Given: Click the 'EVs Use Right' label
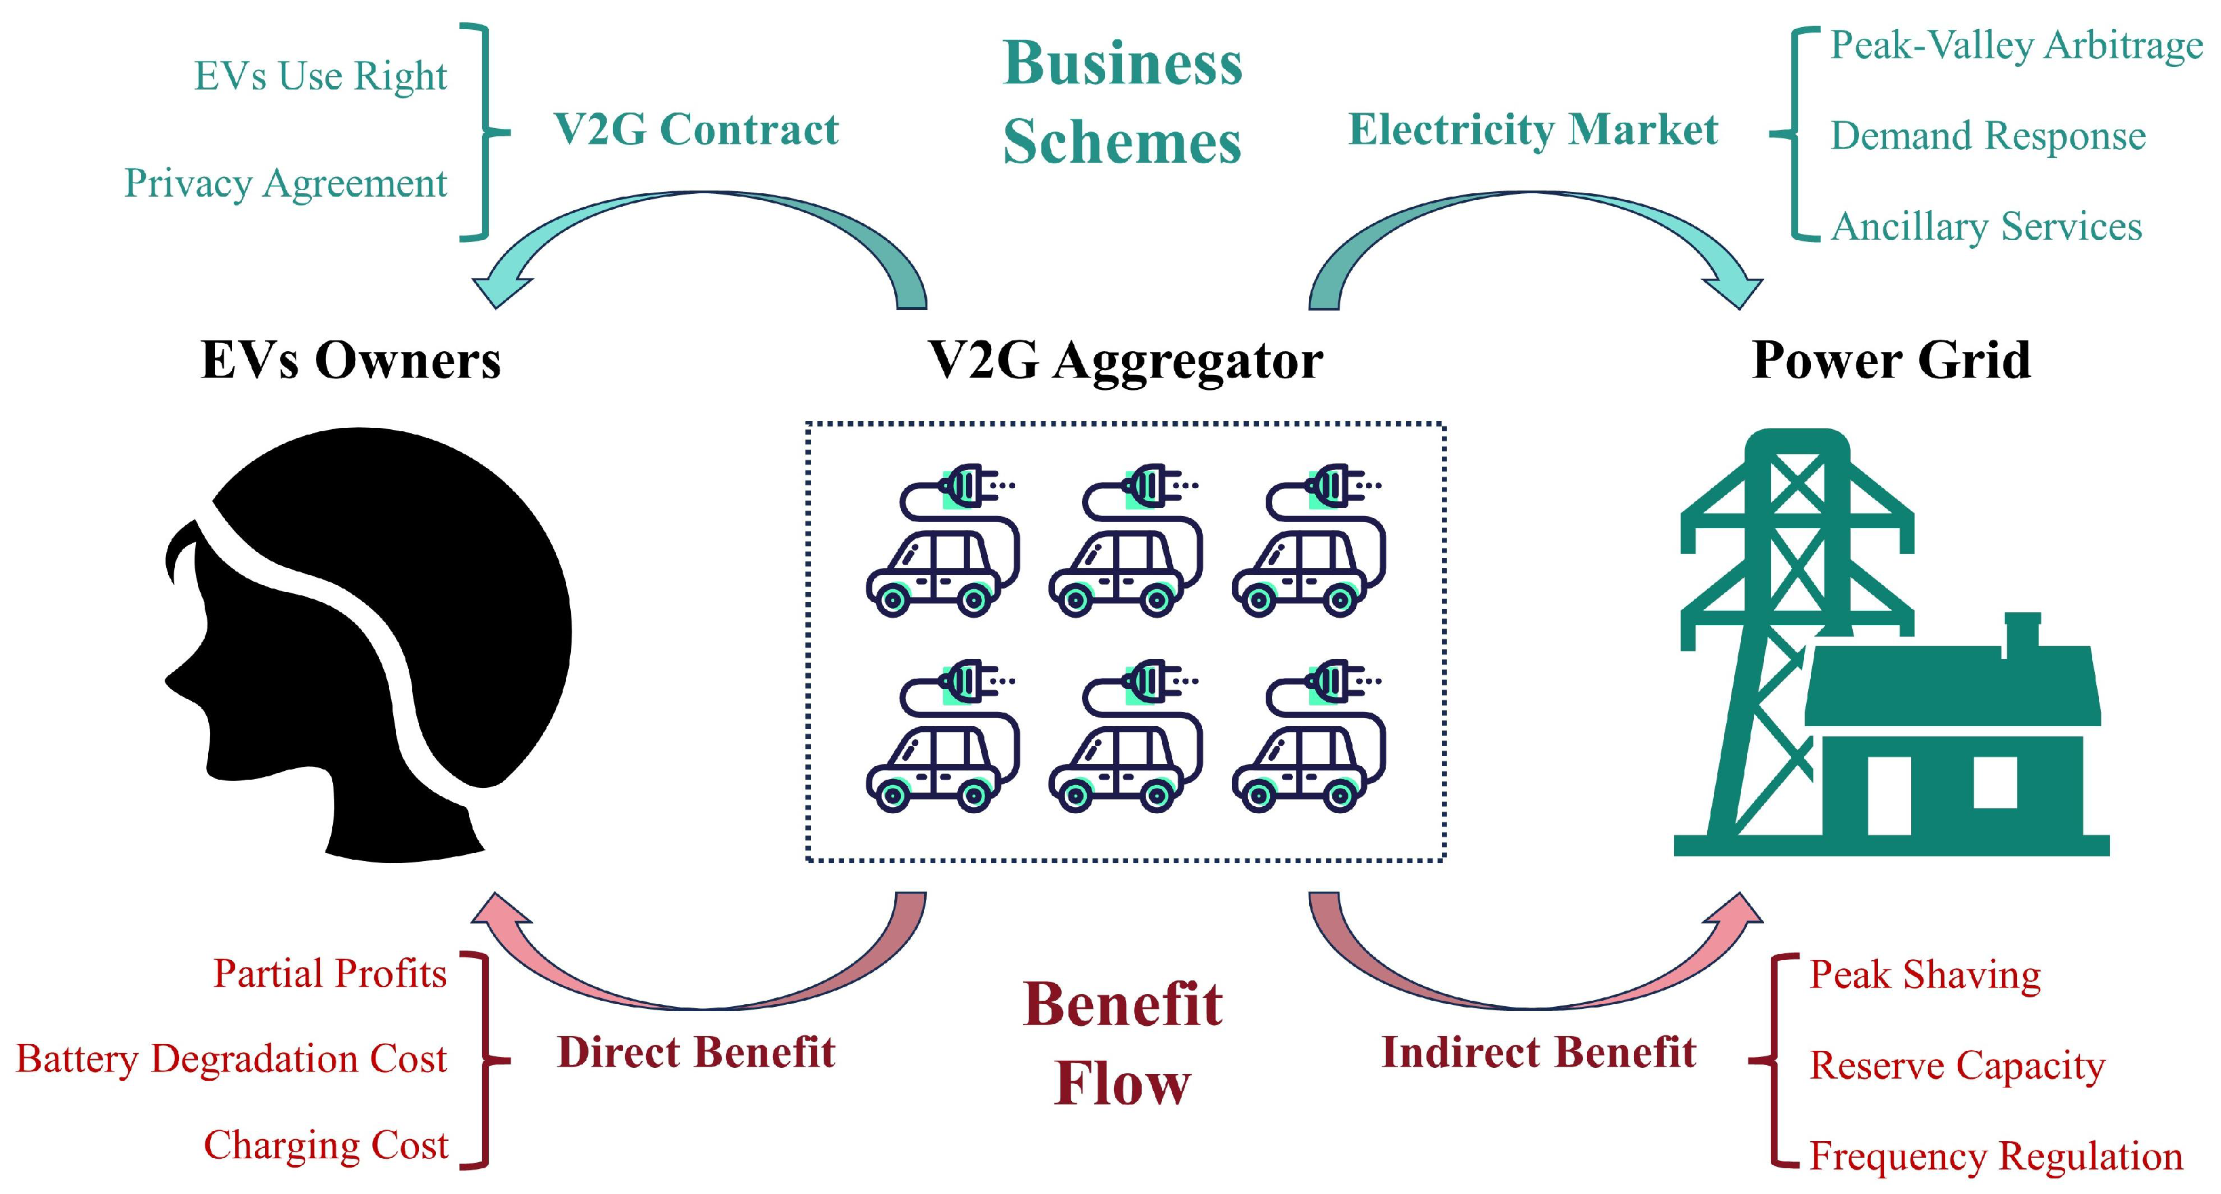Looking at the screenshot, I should (x=320, y=76).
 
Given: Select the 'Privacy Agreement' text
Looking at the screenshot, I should (x=285, y=184).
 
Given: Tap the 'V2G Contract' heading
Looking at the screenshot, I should (x=696, y=130).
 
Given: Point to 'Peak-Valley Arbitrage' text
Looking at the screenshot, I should (x=2016, y=45).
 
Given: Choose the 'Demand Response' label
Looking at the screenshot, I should (x=1987, y=136).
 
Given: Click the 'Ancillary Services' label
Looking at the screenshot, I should (x=1986, y=226).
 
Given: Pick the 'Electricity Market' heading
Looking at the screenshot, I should (x=1533, y=130).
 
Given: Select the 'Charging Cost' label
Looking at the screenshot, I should (x=326, y=1146).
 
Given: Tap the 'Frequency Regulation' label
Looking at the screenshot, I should (x=1995, y=1156).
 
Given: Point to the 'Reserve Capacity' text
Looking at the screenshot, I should (x=1957, y=1066).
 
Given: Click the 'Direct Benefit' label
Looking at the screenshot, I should (x=696, y=1052).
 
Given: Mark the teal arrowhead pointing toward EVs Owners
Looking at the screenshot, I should (x=500, y=290).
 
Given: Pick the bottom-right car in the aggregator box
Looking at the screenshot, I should (x=1307, y=736).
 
